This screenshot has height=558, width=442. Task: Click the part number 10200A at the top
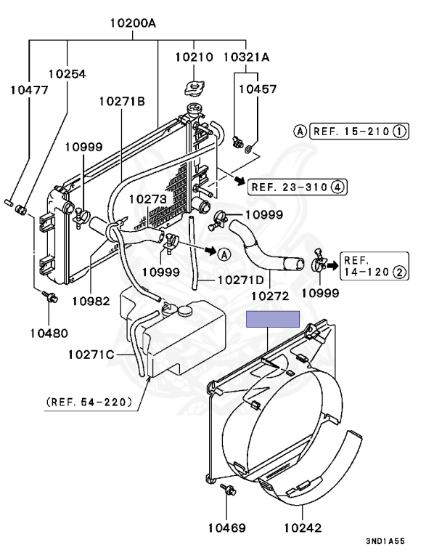pos(133,23)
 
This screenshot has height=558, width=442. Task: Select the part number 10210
pos(194,56)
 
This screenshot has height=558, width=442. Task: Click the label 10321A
pos(246,56)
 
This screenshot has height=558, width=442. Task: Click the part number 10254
pos(67,73)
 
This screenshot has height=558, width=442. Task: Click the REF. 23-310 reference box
pos(298,187)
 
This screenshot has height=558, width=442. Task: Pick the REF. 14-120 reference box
pos(374,267)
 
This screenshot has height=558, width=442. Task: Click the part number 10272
pos(270,296)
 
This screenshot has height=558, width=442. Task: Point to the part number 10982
pos(91,300)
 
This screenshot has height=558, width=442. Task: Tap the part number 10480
pos(49,333)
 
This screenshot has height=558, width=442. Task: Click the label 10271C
pos(91,355)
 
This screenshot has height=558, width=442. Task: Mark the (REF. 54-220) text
pos(89,401)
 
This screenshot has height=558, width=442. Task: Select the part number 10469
pos(227,528)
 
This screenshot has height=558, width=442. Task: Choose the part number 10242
pos(303,528)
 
